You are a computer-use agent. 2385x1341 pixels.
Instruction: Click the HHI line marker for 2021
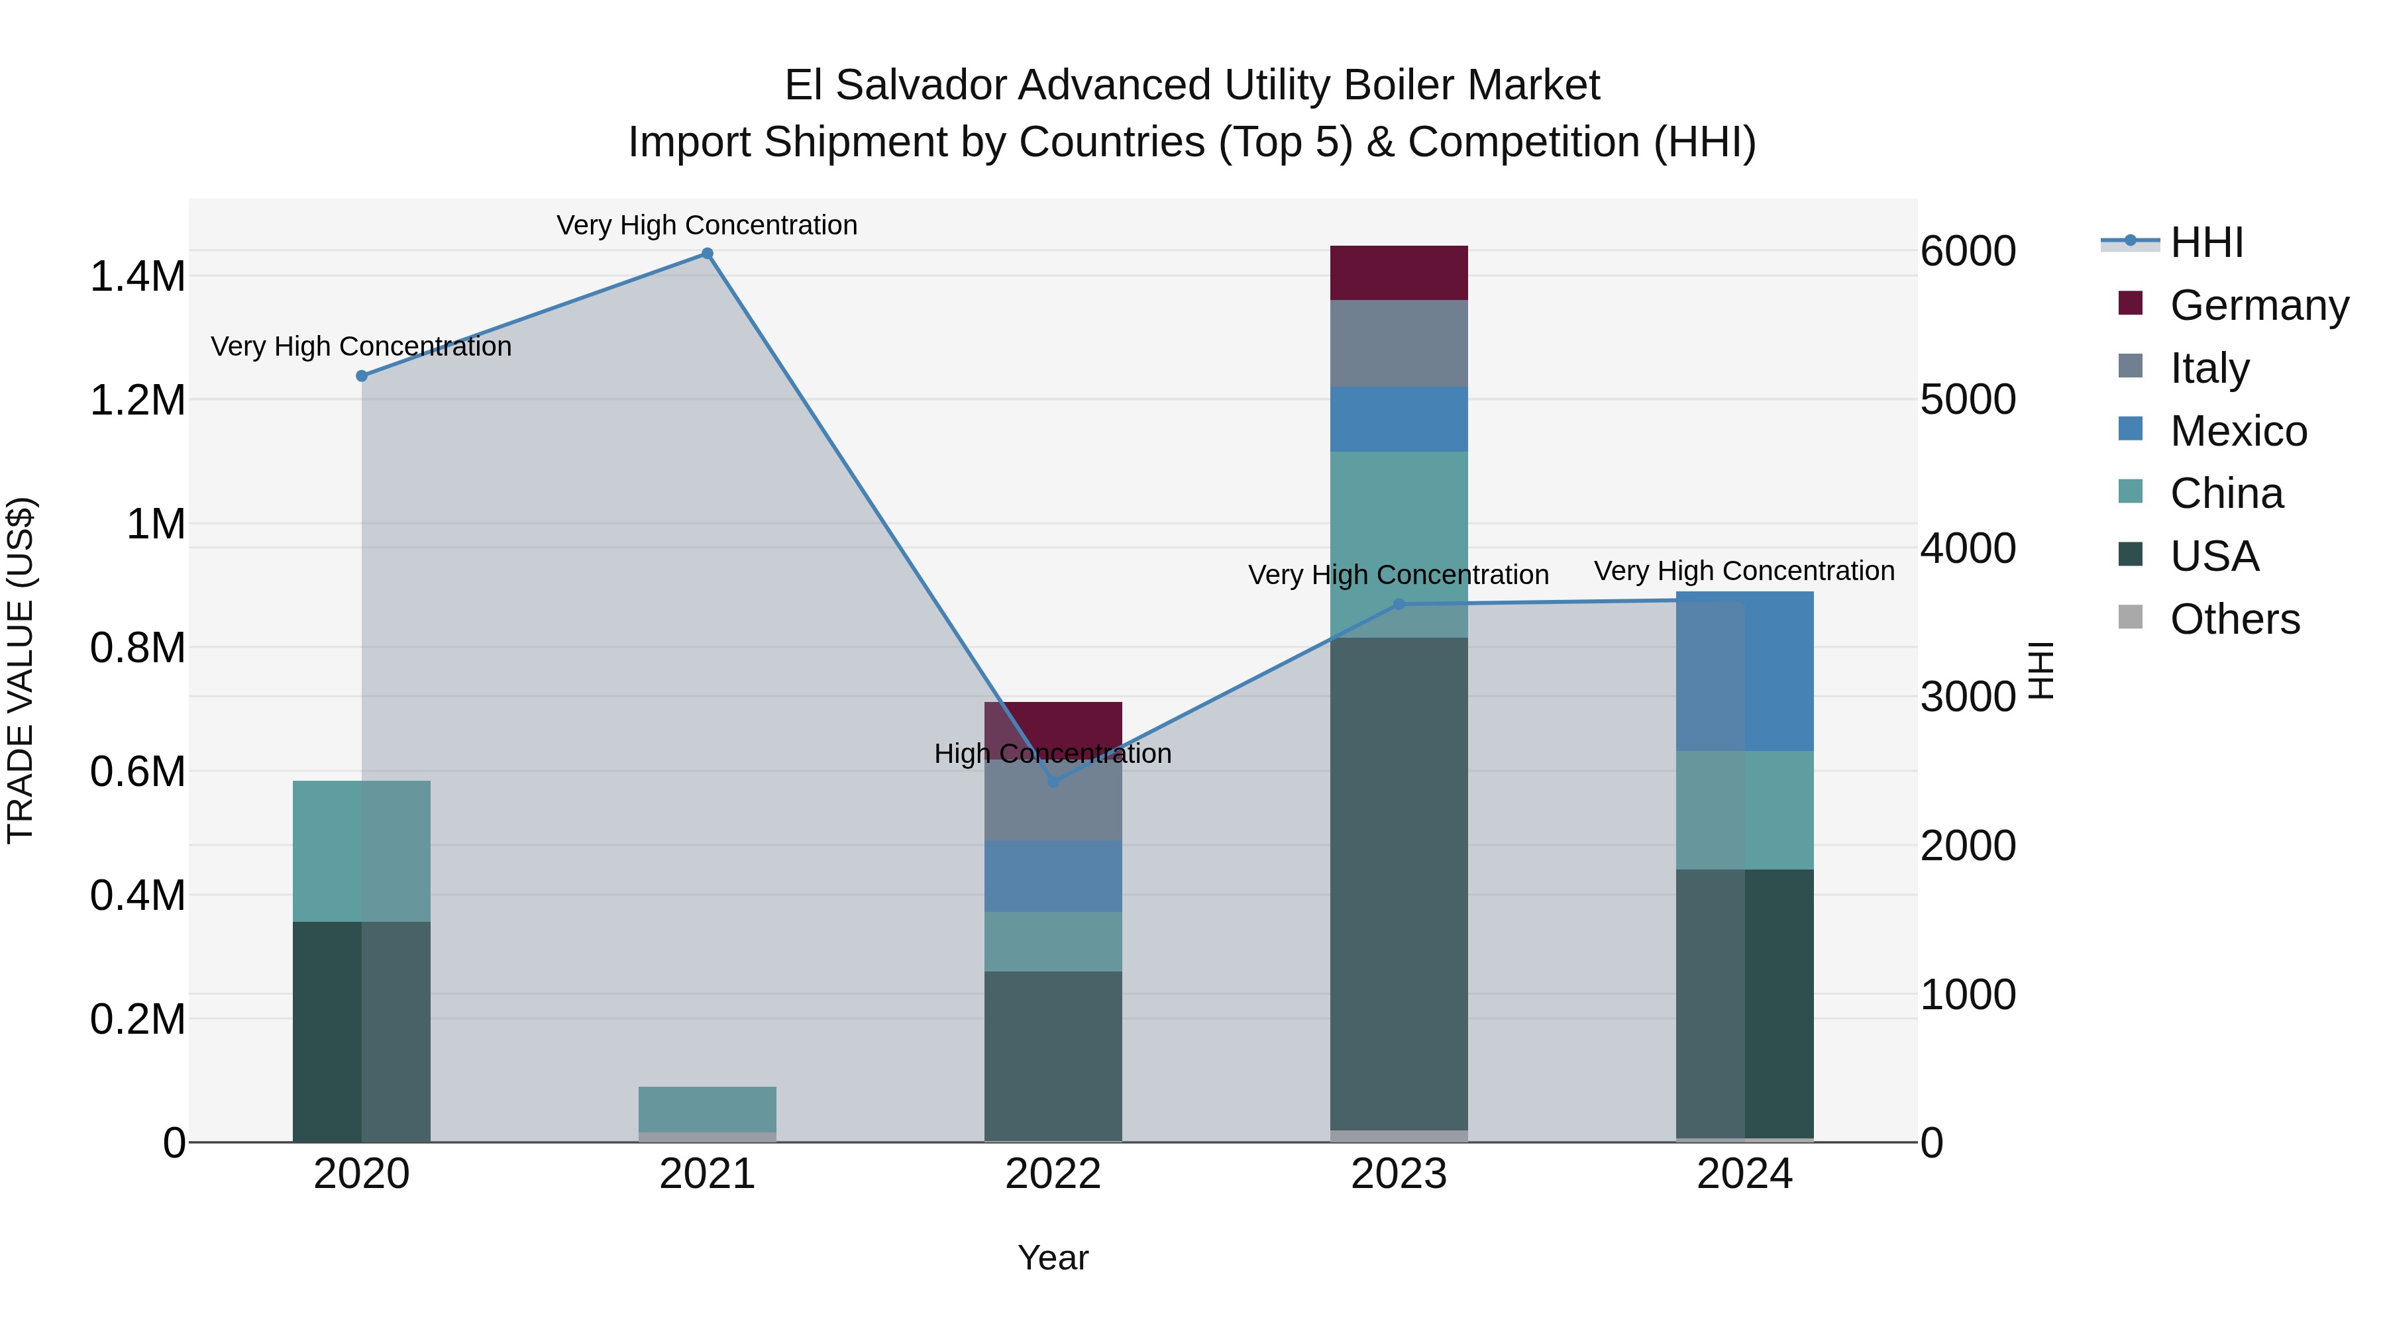tap(708, 254)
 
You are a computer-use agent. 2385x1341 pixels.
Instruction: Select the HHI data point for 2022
tap(1053, 782)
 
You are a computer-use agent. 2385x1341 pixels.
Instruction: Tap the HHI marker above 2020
tap(362, 375)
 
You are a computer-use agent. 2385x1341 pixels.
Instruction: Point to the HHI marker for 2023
tap(1399, 605)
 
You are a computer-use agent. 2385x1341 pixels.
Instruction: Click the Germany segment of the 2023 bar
tap(1399, 273)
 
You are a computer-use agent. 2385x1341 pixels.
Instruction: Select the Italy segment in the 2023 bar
tap(1399, 343)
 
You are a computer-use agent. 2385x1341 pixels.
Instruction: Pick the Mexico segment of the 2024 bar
tap(1744, 671)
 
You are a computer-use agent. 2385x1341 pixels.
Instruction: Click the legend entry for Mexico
tap(2238, 431)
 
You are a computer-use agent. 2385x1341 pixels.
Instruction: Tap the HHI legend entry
tap(2205, 242)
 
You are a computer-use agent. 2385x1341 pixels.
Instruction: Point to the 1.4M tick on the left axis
tap(138, 277)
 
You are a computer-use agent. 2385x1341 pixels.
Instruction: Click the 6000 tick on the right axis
tap(1968, 251)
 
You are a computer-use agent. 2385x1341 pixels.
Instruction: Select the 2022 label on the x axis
tap(1053, 1173)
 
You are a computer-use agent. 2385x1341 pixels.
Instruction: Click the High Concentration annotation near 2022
tap(1053, 754)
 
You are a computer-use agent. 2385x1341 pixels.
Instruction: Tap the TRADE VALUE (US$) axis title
tap(21, 670)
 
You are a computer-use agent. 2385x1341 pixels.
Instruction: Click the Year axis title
tap(1053, 1258)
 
